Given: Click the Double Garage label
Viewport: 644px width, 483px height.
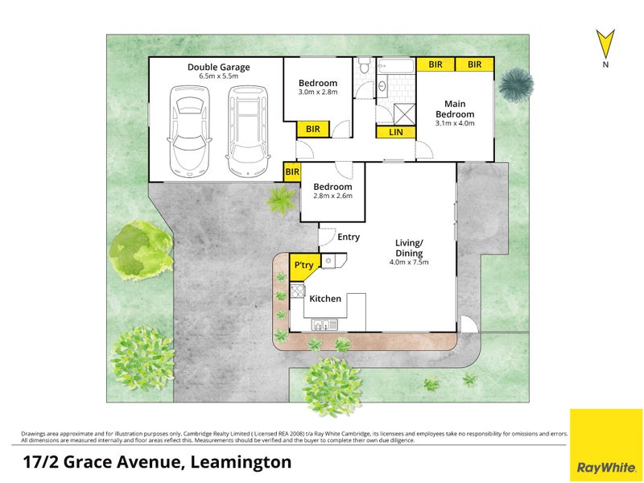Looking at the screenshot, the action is point(218,68).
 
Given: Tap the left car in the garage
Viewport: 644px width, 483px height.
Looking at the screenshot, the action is point(189,131).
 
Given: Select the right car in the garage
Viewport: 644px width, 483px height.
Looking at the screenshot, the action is point(248,130).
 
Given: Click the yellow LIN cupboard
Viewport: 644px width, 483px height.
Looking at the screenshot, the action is point(396,132).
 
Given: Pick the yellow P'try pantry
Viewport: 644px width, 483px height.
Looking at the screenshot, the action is point(303,266).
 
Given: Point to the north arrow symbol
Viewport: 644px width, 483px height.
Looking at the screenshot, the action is point(605,43).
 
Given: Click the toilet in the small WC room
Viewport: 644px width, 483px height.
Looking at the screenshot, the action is point(364,65).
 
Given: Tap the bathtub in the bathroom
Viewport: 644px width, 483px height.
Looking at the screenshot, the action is point(396,66).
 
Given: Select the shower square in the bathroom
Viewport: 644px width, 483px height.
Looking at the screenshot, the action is point(405,114).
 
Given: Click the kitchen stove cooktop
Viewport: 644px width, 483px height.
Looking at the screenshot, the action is point(297,291).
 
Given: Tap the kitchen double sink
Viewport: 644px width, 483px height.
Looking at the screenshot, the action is point(324,324).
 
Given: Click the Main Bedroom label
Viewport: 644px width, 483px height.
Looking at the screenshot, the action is point(455,109).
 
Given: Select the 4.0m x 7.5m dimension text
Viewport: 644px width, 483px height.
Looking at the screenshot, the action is point(409,262).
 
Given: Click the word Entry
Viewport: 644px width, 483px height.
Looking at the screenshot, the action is point(349,237).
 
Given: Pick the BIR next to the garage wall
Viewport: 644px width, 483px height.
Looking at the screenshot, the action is point(292,171).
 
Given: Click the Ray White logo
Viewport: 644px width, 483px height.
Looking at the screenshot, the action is point(606,445).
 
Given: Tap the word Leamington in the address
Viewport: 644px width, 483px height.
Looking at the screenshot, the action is point(242,462).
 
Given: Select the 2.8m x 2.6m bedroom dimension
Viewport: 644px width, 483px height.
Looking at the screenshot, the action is point(332,196).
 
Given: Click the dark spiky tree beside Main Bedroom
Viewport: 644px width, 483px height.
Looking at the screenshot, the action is point(516,85).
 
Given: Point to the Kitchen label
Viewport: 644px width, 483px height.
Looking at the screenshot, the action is point(325,299).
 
